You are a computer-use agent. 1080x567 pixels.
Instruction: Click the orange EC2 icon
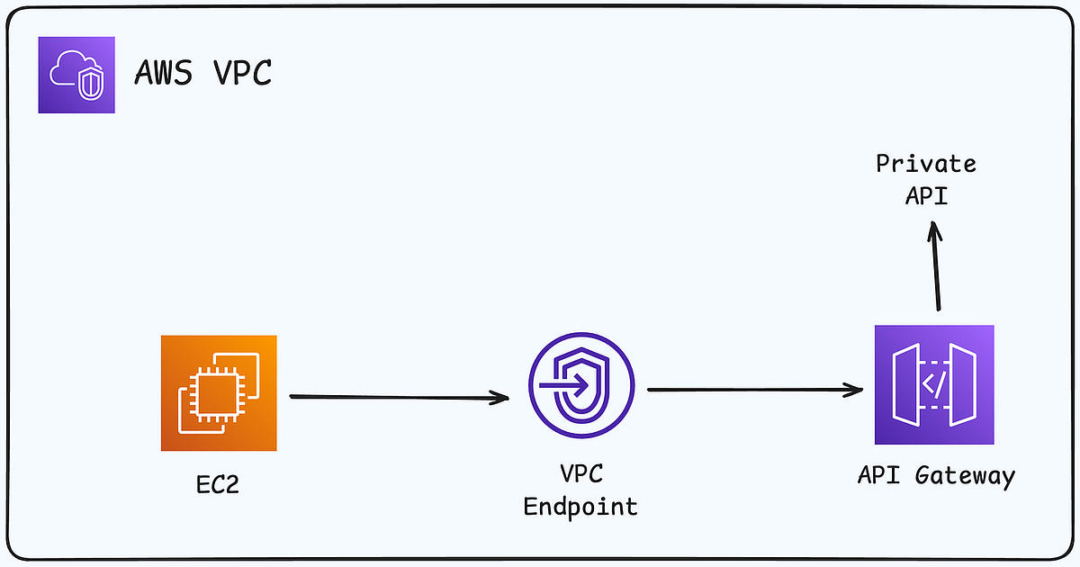click(x=219, y=392)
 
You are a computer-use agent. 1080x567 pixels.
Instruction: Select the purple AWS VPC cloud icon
click(x=76, y=75)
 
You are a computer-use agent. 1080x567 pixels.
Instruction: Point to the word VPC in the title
click(x=243, y=73)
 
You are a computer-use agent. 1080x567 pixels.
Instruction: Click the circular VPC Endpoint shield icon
click(x=580, y=387)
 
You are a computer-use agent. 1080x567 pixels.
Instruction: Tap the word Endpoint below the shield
click(x=580, y=507)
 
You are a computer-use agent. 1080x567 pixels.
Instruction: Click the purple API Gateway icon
click(x=934, y=384)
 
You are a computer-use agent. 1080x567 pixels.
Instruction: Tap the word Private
click(x=926, y=165)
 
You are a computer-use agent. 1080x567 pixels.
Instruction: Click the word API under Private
click(x=926, y=194)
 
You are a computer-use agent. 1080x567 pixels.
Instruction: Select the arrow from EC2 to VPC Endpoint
click(x=396, y=396)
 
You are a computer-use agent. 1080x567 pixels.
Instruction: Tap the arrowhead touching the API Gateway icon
click(x=854, y=391)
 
